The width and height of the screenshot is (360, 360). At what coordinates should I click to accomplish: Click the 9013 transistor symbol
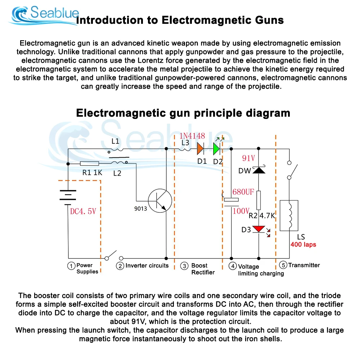(x=160, y=201)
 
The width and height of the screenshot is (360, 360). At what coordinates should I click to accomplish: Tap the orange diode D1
(x=200, y=149)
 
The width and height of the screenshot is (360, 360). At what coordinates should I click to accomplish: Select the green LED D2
(x=216, y=149)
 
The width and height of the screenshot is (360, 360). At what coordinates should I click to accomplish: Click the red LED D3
(x=259, y=229)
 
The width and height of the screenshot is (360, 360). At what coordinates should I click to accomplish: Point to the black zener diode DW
(x=259, y=170)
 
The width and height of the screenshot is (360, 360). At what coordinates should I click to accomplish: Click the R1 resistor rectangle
(x=90, y=163)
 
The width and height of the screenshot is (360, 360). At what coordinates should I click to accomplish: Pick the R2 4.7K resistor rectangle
(x=258, y=200)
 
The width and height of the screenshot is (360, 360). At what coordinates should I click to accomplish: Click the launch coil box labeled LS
(x=289, y=215)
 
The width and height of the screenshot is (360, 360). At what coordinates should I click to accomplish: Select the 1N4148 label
(x=192, y=136)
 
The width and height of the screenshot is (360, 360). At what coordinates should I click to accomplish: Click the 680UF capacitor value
(x=243, y=192)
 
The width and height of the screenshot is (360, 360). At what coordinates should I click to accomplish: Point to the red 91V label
(x=249, y=158)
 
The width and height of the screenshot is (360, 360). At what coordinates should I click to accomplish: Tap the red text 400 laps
(x=303, y=244)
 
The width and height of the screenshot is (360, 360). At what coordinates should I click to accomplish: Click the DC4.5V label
(x=83, y=211)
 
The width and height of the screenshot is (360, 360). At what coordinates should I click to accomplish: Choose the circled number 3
(x=184, y=266)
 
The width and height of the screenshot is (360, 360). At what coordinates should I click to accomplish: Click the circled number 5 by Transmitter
(x=283, y=265)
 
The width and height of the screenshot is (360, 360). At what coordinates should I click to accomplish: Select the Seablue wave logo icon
(x=21, y=14)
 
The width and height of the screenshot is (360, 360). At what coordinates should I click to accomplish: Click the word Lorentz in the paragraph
(x=150, y=60)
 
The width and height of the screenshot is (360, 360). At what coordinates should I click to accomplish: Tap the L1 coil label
(x=115, y=141)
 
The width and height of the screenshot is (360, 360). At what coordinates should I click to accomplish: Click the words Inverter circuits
(x=147, y=266)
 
